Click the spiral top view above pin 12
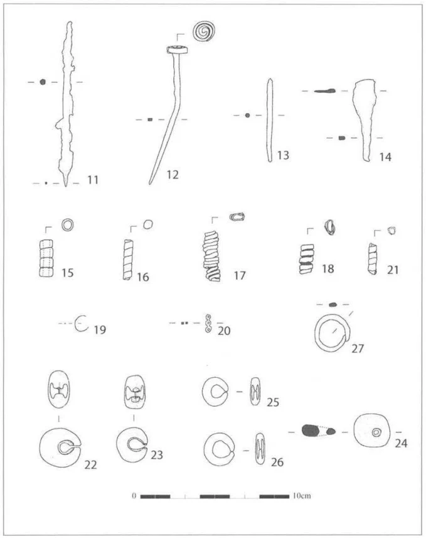coord(204,31)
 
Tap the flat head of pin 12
coord(177,50)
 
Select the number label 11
coord(93,180)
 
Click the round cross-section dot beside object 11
coord(43,82)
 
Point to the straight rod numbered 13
coord(270,120)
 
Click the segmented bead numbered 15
coord(46,258)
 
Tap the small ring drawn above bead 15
coord(68,225)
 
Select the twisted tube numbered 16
coord(128,260)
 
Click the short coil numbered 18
coord(307,259)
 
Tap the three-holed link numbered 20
coord(208,323)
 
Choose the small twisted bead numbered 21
coord(373,259)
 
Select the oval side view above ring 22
coord(59,389)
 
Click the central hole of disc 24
coord(376,432)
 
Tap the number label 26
coord(277,462)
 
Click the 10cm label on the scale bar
coord(302,496)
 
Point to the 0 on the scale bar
coord(134,496)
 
